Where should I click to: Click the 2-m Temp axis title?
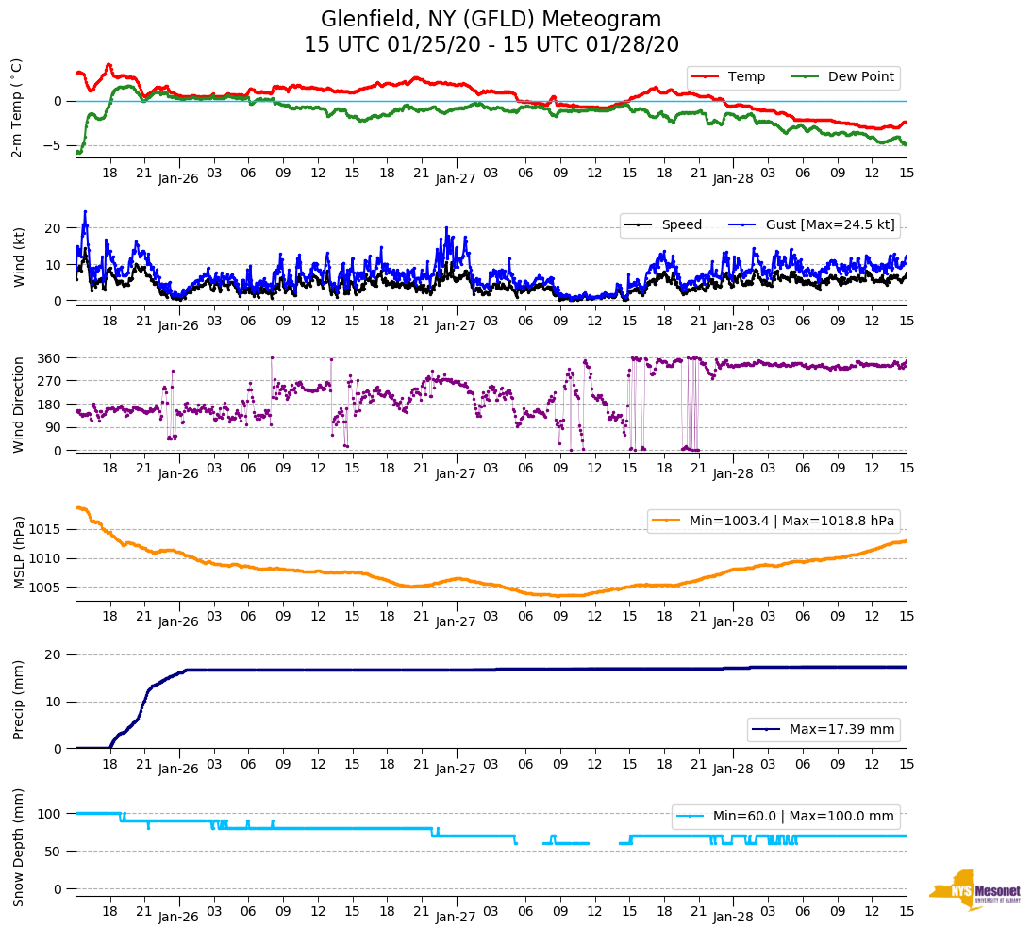pyautogui.click(x=17, y=108)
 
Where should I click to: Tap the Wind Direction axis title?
pyautogui.click(x=18, y=405)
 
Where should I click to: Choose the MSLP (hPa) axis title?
pyautogui.click(x=18, y=553)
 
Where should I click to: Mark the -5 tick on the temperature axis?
pyautogui.click(x=56, y=145)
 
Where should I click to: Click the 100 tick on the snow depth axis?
pyautogui.click(x=53, y=814)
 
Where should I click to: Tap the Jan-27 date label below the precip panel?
pyautogui.click(x=455, y=769)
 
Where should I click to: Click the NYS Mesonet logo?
pyautogui.click(x=975, y=889)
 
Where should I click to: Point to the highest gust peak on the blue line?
pyautogui.click(x=85, y=211)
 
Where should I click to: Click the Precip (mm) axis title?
pyautogui.click(x=18, y=702)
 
